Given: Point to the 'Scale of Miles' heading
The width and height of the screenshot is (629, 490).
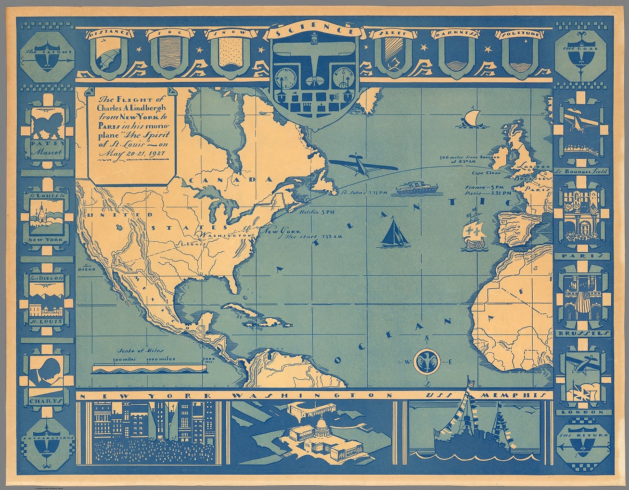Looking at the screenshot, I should (140, 350).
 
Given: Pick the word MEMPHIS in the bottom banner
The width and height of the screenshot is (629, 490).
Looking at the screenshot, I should (512, 395).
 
